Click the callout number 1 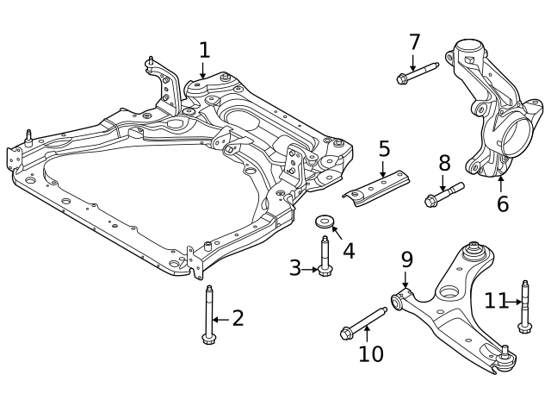(x=204, y=50)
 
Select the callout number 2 (x=238, y=318)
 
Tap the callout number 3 (x=295, y=268)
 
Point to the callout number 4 (x=349, y=251)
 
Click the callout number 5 (x=384, y=149)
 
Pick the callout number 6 (x=503, y=203)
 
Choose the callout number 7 (x=414, y=41)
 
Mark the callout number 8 (x=444, y=162)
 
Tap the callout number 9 (x=406, y=259)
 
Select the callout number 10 (x=370, y=353)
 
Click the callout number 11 (x=496, y=301)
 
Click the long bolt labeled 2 (x=209, y=314)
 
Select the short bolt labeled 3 (x=325, y=256)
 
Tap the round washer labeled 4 (x=326, y=221)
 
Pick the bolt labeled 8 (x=443, y=194)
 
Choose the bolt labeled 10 (x=364, y=322)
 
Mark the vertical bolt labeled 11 (x=523, y=305)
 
